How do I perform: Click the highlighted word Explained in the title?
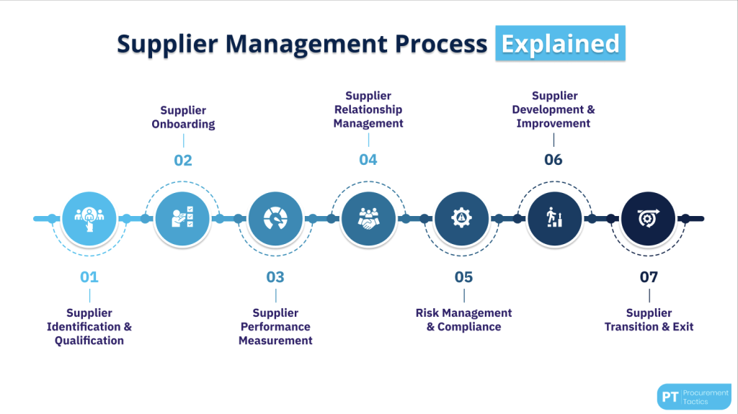560,43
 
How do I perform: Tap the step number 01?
89,277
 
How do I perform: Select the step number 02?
183,161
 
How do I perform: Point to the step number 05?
463,277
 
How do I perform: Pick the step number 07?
649,277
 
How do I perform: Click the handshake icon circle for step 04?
368,219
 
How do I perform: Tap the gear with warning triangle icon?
462,219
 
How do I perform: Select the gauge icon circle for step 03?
275,219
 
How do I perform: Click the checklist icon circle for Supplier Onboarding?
182,219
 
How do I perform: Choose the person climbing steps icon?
554,219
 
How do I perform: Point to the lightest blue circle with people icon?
89,219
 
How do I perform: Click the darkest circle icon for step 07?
648,219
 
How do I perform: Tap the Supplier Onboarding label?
183,117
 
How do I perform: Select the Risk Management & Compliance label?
463,320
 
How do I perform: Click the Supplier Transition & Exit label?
649,320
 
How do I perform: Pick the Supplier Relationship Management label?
368,109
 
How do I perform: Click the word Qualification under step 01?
89,341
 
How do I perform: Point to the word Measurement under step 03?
275,341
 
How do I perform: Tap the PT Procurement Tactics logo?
694,397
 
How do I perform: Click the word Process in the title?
441,44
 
